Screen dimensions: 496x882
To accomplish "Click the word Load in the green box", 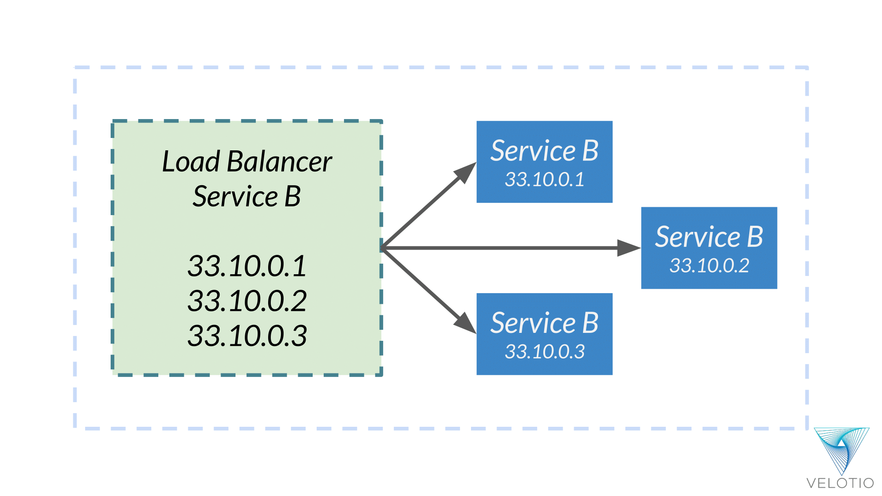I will [191, 162].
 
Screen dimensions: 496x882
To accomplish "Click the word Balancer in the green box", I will [279, 162].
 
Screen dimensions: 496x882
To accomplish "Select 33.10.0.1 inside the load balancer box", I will [247, 266].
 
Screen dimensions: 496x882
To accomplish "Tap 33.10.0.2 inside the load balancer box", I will [247, 301].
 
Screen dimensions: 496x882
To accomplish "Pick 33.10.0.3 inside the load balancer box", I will [247, 336].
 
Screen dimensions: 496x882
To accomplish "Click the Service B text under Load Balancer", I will [247, 197].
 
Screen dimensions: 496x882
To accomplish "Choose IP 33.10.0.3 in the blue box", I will [544, 352].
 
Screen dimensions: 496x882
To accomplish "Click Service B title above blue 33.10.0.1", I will [544, 151].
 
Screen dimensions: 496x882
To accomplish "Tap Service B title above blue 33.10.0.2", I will [709, 237].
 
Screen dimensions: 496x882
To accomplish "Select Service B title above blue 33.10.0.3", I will [544, 323].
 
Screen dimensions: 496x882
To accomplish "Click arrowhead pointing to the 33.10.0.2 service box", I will [628, 248].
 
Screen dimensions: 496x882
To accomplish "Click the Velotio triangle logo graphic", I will [841, 449].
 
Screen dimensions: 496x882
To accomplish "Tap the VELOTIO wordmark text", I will [840, 483].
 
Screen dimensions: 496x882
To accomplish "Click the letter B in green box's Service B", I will [292, 197].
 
